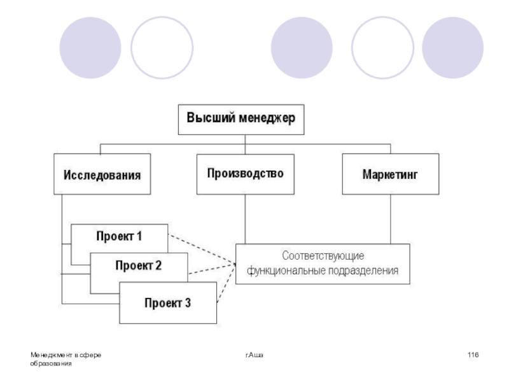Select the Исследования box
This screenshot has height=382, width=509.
101,174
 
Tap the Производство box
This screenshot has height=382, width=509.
245,173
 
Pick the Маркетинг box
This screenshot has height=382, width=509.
390,174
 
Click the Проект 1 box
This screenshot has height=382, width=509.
120,237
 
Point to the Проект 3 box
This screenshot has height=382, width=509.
168,303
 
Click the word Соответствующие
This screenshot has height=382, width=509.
323,257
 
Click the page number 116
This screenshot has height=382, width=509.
472,354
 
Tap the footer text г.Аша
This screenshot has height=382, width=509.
254,354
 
